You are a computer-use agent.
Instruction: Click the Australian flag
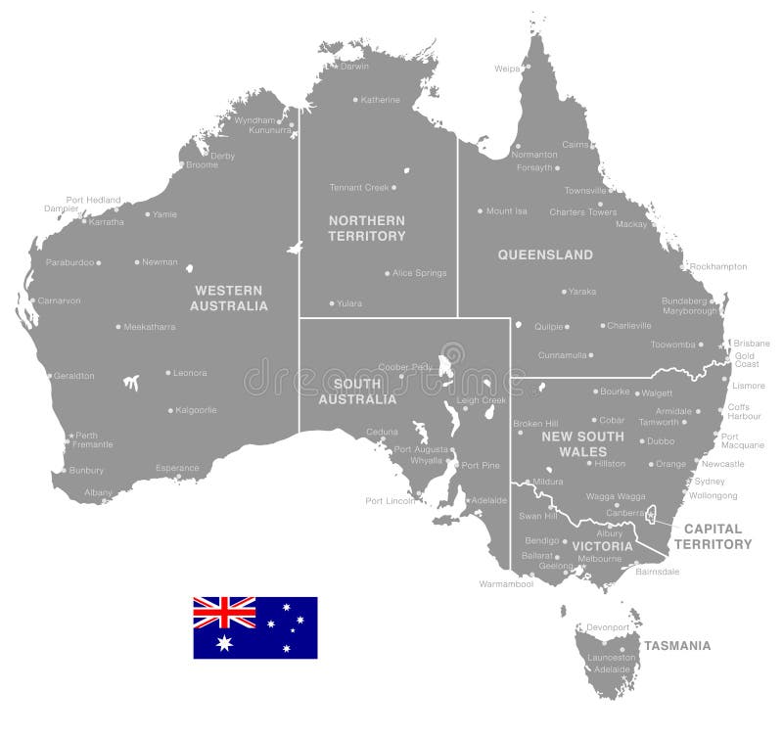click(x=254, y=627)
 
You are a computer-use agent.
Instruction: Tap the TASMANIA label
click(x=676, y=646)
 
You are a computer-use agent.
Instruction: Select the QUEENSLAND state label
click(x=545, y=255)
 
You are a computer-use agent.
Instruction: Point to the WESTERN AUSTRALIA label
click(x=229, y=298)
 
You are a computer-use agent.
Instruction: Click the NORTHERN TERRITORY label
click(x=366, y=228)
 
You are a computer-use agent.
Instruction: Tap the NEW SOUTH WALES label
click(x=582, y=443)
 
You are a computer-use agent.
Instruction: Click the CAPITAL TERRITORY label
click(x=717, y=536)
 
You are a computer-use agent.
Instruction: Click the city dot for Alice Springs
click(x=387, y=274)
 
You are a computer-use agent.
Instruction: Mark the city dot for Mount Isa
click(x=480, y=211)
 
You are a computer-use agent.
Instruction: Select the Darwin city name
click(x=354, y=67)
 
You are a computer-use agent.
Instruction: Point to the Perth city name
click(x=86, y=436)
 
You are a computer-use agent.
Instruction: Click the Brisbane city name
click(x=752, y=344)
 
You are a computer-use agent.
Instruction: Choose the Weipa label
click(x=507, y=69)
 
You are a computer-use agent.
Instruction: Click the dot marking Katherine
click(x=355, y=100)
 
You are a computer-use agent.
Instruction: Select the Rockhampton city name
click(x=717, y=266)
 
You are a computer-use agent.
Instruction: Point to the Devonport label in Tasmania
click(x=608, y=627)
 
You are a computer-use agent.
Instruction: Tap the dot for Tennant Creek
click(x=393, y=187)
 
